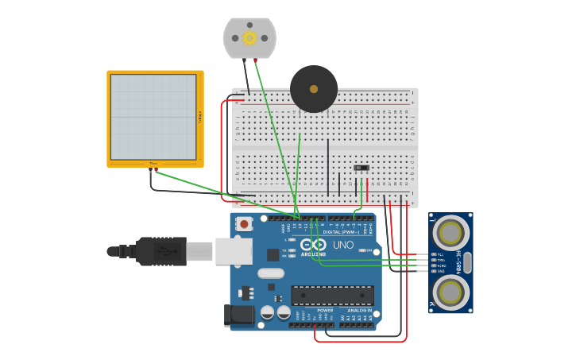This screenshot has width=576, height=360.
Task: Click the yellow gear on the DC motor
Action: click(249, 37)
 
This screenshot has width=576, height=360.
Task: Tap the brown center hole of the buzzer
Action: click(313, 88)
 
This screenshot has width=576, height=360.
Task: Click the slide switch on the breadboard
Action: click(361, 168)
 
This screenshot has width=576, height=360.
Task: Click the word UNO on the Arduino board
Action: click(343, 245)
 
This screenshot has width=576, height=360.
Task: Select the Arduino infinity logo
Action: click(318, 245)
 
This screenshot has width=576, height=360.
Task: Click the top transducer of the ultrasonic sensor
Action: click(450, 233)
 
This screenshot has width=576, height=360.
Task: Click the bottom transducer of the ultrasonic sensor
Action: click(450, 292)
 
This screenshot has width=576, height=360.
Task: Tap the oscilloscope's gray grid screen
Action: click(153, 117)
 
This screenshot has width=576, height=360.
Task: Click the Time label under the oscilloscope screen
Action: click(153, 165)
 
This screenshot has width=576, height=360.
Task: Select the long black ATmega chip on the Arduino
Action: click(332, 296)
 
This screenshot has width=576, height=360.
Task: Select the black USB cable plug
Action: click(160, 251)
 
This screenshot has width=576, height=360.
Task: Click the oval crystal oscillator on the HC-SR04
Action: click(467, 262)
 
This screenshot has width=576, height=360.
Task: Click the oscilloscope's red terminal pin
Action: click(157, 169)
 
